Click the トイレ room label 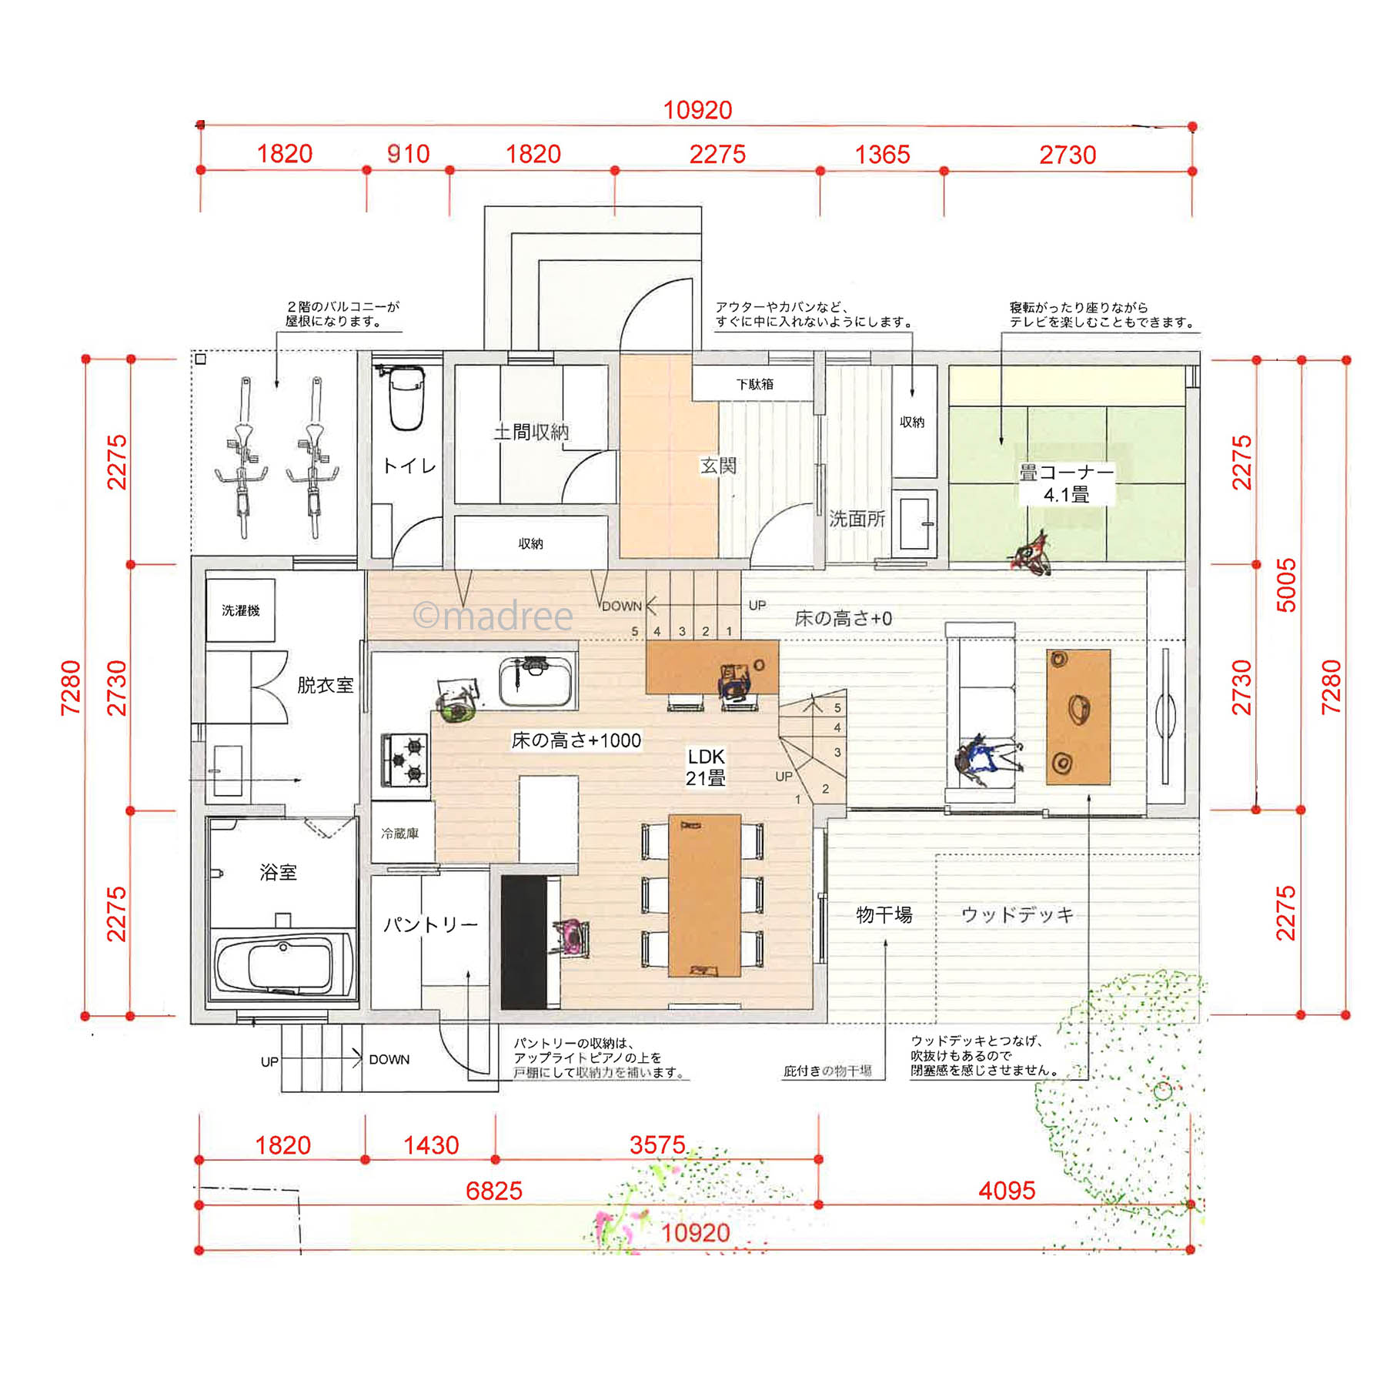409,466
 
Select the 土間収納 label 531,432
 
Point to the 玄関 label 718,465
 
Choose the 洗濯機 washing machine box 240,610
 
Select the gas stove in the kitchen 405,760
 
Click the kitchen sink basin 536,682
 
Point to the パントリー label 430,924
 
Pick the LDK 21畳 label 706,767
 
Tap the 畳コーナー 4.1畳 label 1066,483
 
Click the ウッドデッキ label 1017,914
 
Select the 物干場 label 884,914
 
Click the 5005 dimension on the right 1286,585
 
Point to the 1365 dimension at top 882,155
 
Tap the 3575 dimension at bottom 657,1144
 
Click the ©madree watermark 493,616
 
